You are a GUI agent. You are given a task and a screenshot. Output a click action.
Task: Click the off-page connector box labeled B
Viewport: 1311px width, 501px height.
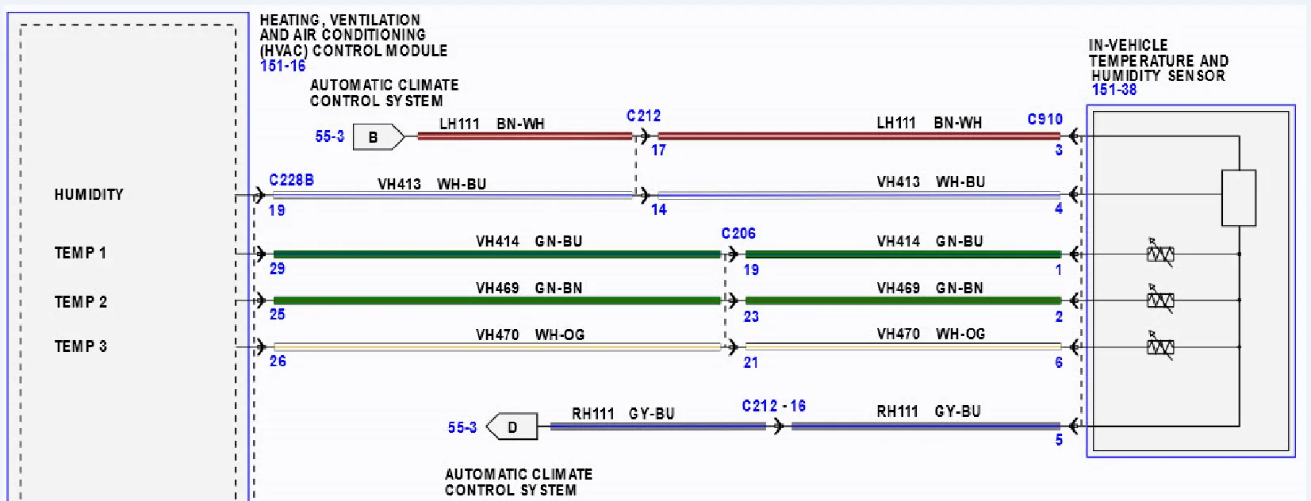(x=378, y=137)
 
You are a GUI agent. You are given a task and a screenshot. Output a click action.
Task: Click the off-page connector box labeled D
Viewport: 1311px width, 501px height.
(x=512, y=426)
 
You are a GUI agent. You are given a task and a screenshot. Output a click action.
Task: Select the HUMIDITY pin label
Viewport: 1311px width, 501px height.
(x=89, y=194)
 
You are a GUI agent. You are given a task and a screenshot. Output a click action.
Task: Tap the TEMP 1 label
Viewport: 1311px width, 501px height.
(x=80, y=253)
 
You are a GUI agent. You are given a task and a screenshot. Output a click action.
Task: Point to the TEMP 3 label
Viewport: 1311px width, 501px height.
(x=81, y=346)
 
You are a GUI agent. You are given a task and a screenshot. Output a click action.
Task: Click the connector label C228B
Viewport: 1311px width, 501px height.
(x=291, y=180)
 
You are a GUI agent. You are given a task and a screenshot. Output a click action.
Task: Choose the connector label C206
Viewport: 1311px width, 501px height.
(x=738, y=234)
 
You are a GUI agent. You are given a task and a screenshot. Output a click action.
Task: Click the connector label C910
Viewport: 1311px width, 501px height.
(x=1045, y=120)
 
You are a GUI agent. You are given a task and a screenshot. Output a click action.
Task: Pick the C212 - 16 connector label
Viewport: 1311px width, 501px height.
(x=774, y=406)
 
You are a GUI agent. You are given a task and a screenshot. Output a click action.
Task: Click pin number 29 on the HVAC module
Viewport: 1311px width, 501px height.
(x=278, y=269)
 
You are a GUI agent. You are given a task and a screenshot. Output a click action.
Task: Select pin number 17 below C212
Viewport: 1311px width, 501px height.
(x=658, y=151)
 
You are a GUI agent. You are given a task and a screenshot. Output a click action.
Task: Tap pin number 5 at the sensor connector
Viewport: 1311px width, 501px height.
(x=1059, y=440)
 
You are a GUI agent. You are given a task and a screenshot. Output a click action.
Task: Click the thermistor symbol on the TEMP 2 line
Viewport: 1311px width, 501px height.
(x=1160, y=300)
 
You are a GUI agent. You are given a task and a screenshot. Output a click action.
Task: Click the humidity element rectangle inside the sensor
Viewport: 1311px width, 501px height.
(x=1238, y=198)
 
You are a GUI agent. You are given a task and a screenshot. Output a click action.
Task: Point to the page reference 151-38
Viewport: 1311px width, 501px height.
(x=1114, y=90)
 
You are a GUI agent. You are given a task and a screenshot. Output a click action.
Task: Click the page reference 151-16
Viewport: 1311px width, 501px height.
(x=282, y=66)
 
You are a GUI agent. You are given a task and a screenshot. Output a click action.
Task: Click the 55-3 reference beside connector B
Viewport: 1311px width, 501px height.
(x=330, y=136)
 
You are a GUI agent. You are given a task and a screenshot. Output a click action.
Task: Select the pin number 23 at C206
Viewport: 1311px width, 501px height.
(x=752, y=316)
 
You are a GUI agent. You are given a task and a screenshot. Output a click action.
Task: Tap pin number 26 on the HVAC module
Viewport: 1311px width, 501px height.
(x=278, y=361)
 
